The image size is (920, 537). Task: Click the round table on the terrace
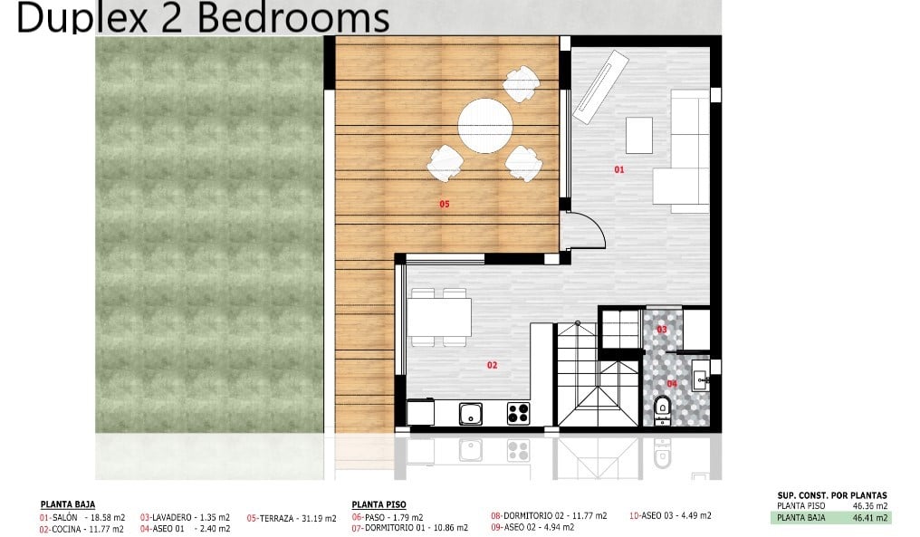point(485,126)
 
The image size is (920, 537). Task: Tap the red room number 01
point(619,169)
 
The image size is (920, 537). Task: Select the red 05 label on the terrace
point(445,205)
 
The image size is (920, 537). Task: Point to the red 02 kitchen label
point(492,365)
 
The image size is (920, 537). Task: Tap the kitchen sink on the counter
point(471,414)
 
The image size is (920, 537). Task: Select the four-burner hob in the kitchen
point(519,413)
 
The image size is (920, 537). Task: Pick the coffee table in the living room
point(639,135)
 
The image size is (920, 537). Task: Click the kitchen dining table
point(439,318)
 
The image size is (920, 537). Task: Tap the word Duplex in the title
point(81,17)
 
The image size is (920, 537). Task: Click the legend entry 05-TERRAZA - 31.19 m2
point(292,518)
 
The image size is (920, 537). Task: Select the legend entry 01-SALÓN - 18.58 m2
point(82,518)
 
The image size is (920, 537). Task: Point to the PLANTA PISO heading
point(379,504)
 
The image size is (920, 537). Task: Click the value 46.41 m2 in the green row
point(870,518)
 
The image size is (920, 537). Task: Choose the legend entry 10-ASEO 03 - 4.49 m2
point(670,515)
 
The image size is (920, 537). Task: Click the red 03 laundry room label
point(662,330)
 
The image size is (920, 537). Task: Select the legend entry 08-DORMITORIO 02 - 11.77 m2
point(549,515)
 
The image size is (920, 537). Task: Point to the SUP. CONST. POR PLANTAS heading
point(832,495)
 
